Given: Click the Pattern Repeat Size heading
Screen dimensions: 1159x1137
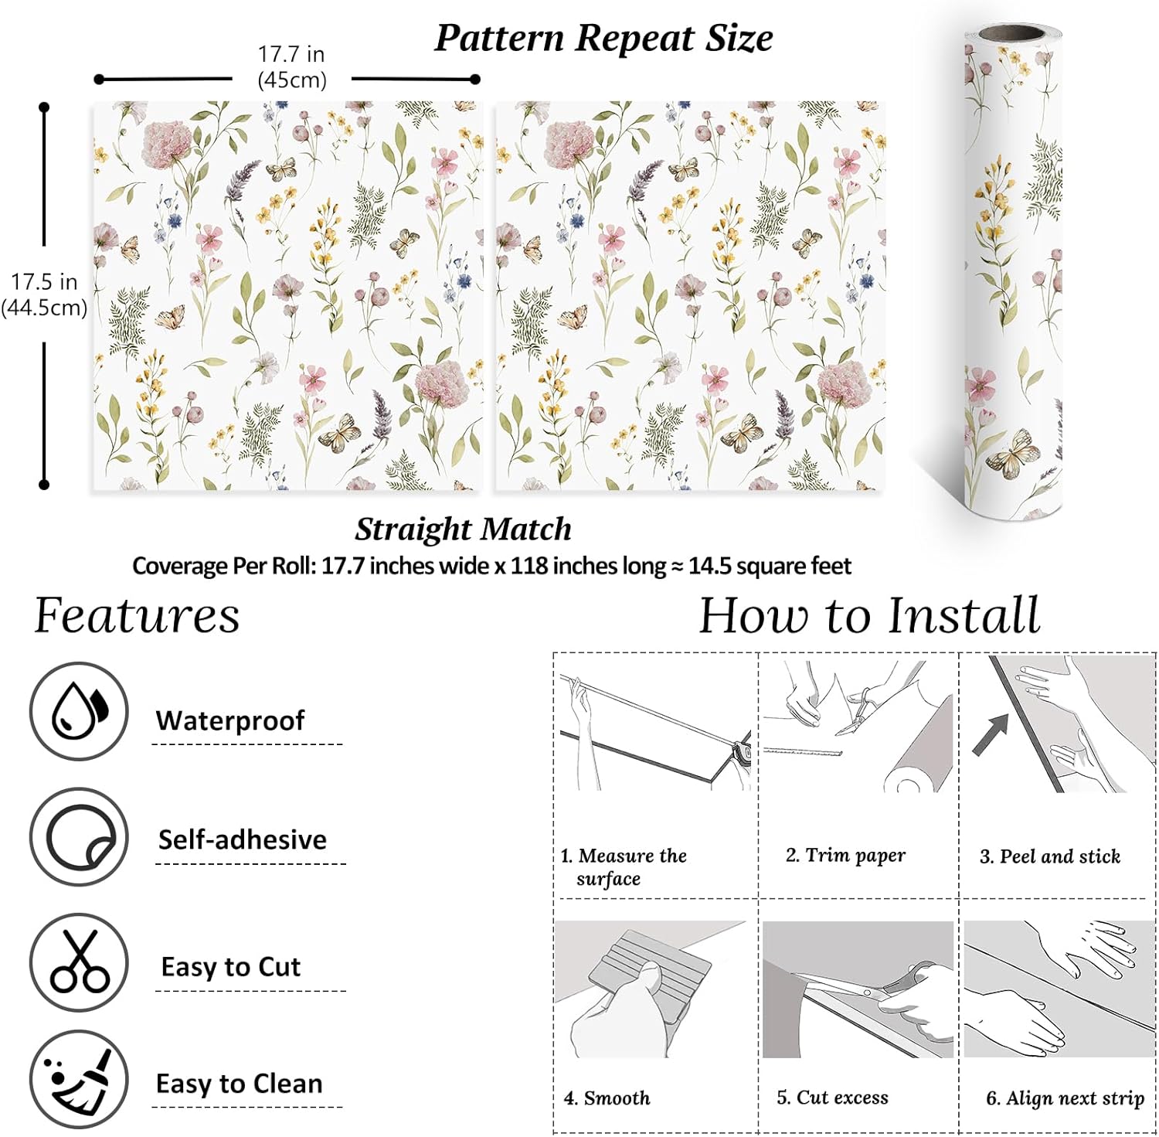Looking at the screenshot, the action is (603, 38).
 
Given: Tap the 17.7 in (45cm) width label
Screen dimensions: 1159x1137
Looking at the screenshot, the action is (291, 67).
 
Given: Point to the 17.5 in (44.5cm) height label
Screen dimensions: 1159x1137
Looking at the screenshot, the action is (44, 294).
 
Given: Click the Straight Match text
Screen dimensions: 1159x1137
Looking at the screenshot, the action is (463, 529).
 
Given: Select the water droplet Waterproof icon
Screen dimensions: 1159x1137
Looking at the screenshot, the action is (79, 711).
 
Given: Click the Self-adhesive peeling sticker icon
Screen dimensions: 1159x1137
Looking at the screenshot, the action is (79, 837).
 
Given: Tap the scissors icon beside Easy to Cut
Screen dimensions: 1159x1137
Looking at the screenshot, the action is (79, 962).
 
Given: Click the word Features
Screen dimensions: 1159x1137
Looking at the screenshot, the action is (137, 616).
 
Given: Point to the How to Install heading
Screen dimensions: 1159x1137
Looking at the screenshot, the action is (869, 616).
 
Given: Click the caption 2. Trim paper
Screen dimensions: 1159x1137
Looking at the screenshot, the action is (845, 855).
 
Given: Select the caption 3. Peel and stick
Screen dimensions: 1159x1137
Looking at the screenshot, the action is (1049, 856).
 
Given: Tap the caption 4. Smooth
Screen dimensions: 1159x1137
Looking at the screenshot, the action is (607, 1098).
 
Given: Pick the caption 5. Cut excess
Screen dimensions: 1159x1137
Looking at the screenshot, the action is (832, 1098).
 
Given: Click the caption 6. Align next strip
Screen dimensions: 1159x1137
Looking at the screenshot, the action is (1065, 1098).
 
